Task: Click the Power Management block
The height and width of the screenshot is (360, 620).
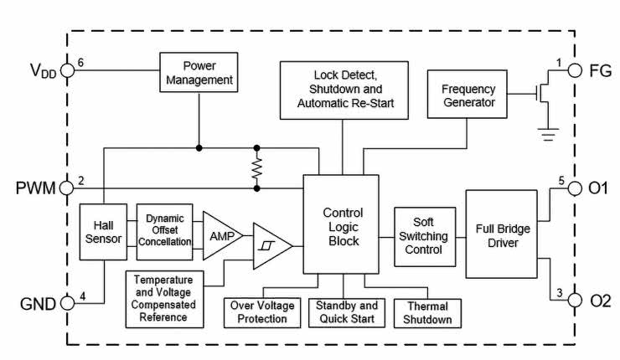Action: [199, 73]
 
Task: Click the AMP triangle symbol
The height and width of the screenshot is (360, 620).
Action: [220, 234]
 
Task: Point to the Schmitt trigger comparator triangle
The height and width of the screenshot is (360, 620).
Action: [271, 246]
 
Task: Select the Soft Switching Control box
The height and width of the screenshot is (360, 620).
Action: [425, 235]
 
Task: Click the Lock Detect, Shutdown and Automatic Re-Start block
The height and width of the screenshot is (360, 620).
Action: [344, 89]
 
